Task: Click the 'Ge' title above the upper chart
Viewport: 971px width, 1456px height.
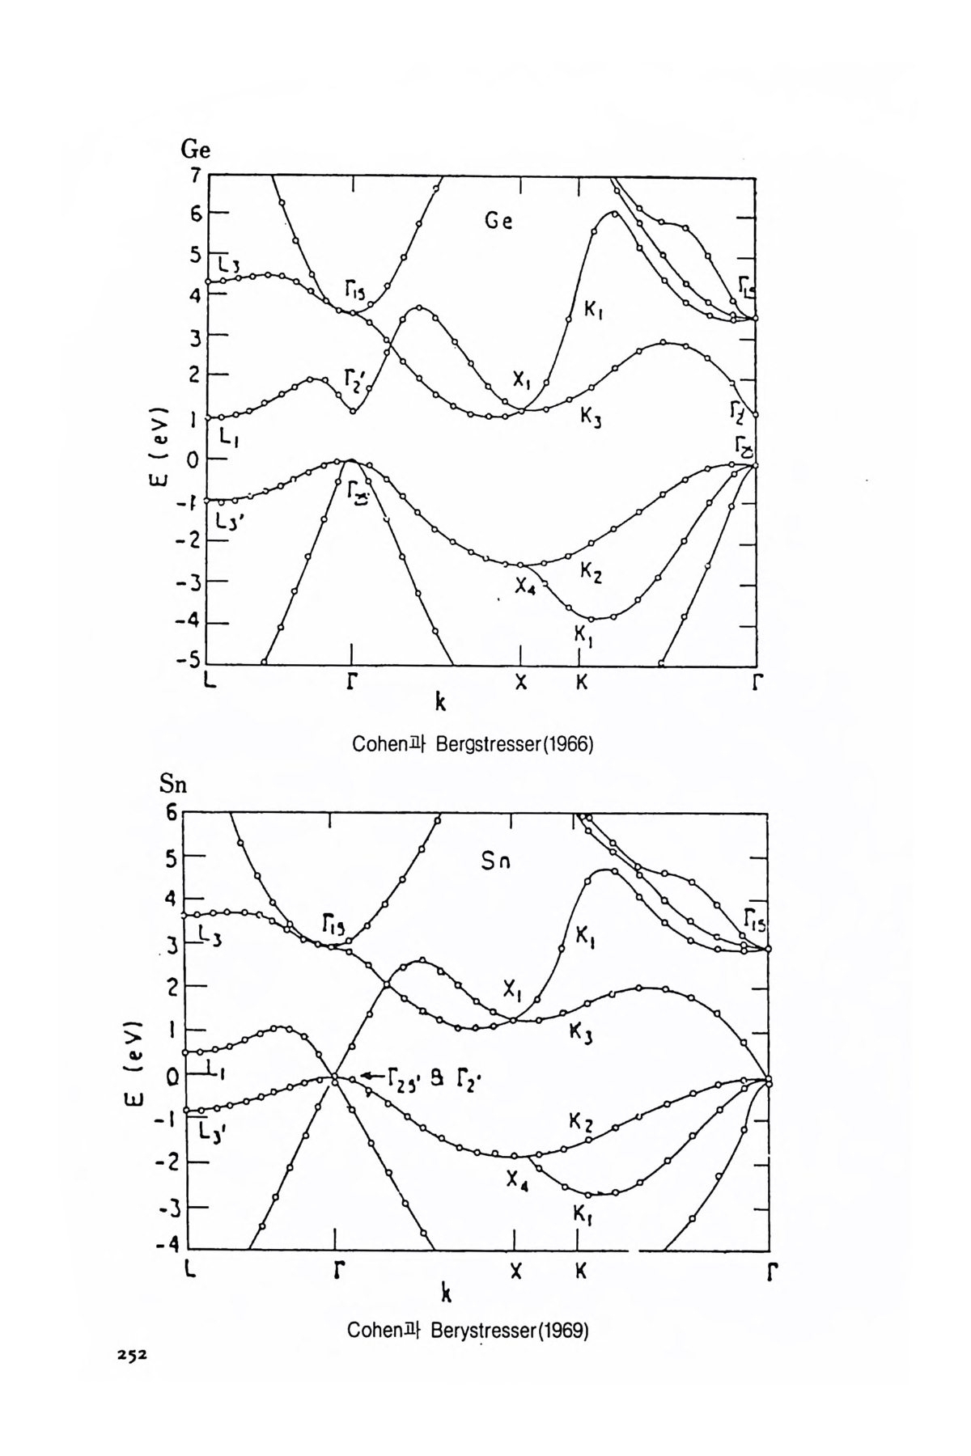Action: click(195, 150)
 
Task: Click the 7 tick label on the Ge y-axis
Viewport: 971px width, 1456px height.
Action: click(195, 175)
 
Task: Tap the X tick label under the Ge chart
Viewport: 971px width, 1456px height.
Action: click(521, 683)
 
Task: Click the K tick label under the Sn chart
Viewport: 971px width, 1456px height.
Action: click(580, 1271)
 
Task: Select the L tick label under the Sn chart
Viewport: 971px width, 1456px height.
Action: click(189, 1271)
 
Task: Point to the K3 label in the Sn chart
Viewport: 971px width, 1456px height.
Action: click(581, 1032)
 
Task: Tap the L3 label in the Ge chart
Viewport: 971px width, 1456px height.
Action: click(230, 265)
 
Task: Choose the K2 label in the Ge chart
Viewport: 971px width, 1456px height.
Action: click(591, 572)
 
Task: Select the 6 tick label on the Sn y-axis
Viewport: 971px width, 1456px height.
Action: click(172, 812)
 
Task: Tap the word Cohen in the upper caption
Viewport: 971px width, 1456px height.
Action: click(376, 744)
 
